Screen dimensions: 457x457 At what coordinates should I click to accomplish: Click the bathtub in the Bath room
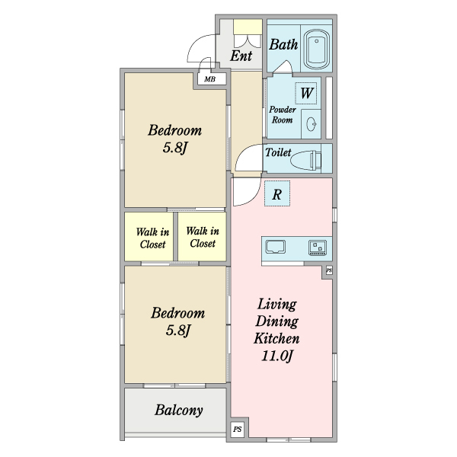point(316,49)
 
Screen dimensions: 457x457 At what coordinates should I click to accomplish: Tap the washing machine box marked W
point(306,93)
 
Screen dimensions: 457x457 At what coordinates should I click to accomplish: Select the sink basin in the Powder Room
point(312,124)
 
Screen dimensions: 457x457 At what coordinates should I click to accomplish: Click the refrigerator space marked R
point(277,193)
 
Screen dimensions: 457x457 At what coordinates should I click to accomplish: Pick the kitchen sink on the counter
point(275,247)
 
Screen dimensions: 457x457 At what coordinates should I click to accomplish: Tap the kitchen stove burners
point(318,248)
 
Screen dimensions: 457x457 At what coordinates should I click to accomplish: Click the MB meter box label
point(210,79)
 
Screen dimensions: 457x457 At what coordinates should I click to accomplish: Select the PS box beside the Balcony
point(237,429)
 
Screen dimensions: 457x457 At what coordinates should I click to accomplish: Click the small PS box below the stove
point(329,270)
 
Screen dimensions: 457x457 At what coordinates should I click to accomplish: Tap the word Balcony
point(179,411)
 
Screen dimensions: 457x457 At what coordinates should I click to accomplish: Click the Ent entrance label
point(241,56)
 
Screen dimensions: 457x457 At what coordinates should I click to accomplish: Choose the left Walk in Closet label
point(152,238)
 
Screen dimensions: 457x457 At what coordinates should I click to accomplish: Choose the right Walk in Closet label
point(203,237)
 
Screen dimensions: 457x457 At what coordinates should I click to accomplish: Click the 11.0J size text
point(276,356)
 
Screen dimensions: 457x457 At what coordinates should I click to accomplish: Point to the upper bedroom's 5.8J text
point(174,148)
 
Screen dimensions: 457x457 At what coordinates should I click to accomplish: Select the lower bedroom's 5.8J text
point(177,331)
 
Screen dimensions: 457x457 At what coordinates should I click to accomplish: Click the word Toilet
point(278,152)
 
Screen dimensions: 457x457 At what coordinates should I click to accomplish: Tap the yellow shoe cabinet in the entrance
point(248,27)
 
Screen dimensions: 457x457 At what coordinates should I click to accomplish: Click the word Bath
point(283,44)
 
